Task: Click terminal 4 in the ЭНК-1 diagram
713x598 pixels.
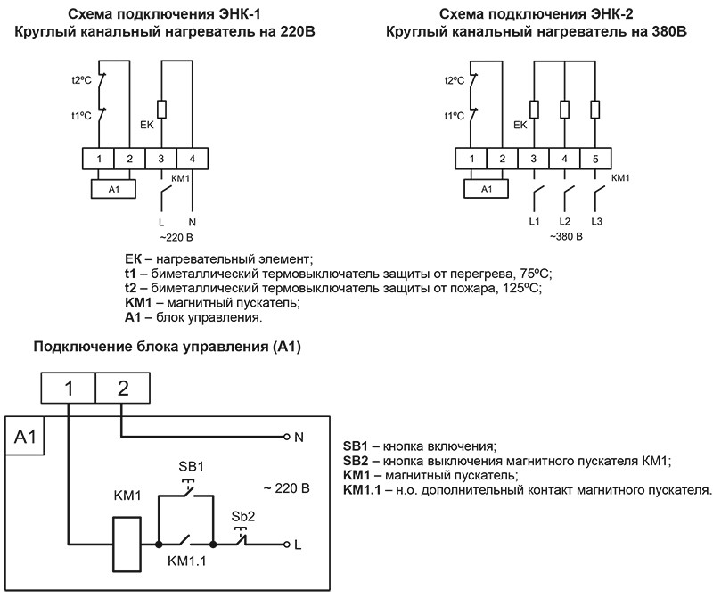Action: click(193, 159)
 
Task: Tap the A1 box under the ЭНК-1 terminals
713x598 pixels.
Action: click(113, 190)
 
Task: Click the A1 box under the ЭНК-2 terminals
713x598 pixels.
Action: click(486, 190)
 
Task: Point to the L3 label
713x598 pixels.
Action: click(597, 220)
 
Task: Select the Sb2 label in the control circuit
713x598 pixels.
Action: click(243, 517)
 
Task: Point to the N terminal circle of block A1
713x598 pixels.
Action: click(286, 438)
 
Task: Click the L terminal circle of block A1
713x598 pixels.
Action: click(286, 543)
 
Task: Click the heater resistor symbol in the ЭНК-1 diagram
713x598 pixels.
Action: click(161, 109)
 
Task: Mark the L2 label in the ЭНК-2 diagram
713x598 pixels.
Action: click(565, 220)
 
